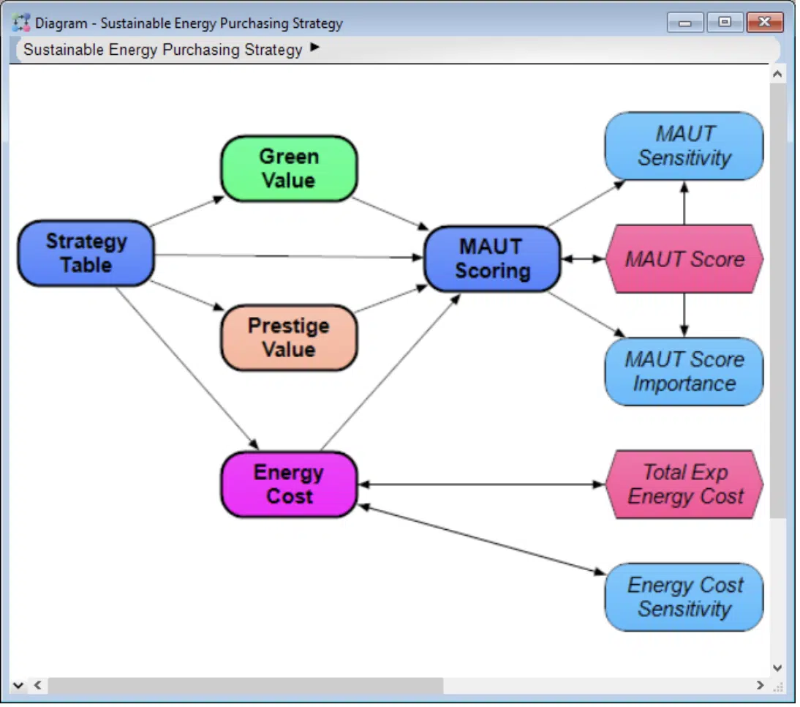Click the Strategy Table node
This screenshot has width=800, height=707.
click(86, 253)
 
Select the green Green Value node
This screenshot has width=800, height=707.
click(289, 168)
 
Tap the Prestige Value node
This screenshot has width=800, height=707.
click(289, 337)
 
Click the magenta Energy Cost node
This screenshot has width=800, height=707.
click(289, 485)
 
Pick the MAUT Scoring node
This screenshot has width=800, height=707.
click(492, 259)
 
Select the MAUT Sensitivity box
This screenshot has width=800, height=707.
click(684, 146)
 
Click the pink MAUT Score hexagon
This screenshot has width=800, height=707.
click(684, 259)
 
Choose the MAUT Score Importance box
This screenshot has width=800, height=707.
click(684, 372)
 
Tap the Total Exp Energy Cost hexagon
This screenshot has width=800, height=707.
click(684, 485)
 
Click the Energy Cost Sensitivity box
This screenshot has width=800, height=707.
click(684, 597)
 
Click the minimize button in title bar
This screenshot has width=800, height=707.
click(685, 23)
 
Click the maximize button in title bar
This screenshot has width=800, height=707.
click(725, 23)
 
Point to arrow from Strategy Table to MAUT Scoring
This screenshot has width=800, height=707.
click(293, 256)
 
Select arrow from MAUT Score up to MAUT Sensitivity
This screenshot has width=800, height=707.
click(684, 203)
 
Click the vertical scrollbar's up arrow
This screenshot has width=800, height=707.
click(777, 74)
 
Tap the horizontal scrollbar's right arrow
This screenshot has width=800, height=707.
click(760, 686)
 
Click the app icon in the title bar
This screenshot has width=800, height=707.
click(22, 23)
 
